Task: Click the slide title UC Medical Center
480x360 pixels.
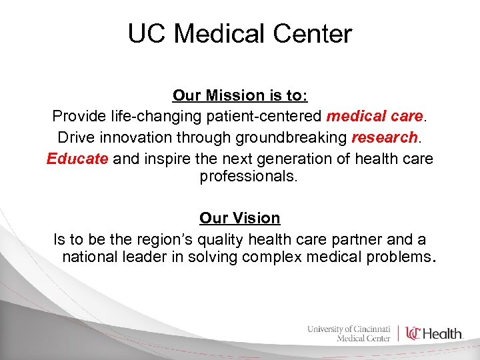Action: click(240, 33)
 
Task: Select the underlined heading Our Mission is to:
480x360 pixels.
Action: click(240, 95)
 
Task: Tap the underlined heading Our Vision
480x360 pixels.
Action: click(240, 218)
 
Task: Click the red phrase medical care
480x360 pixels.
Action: click(375, 117)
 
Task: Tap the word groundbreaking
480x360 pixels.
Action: click(291, 138)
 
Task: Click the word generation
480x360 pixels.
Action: click(293, 159)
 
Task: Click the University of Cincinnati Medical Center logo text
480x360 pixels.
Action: click(349, 333)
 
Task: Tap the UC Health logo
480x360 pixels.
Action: click(434, 333)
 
